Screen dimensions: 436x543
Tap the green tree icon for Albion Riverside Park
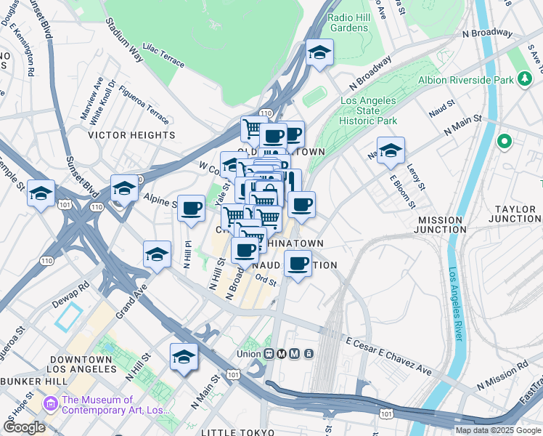[525, 79]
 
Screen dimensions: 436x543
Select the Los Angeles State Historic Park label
[369, 110]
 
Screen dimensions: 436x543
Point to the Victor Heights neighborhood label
[131, 135]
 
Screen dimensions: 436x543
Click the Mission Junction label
[440, 225]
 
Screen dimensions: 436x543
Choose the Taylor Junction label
[516, 214]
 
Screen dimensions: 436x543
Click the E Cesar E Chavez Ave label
[388, 356]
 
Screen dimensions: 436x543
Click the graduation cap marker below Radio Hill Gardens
[319, 52]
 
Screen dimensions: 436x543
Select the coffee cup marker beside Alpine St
[192, 208]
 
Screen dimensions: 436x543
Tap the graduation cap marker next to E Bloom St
[391, 150]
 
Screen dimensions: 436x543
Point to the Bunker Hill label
[30, 381]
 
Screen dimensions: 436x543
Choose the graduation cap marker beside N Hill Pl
[157, 254]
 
